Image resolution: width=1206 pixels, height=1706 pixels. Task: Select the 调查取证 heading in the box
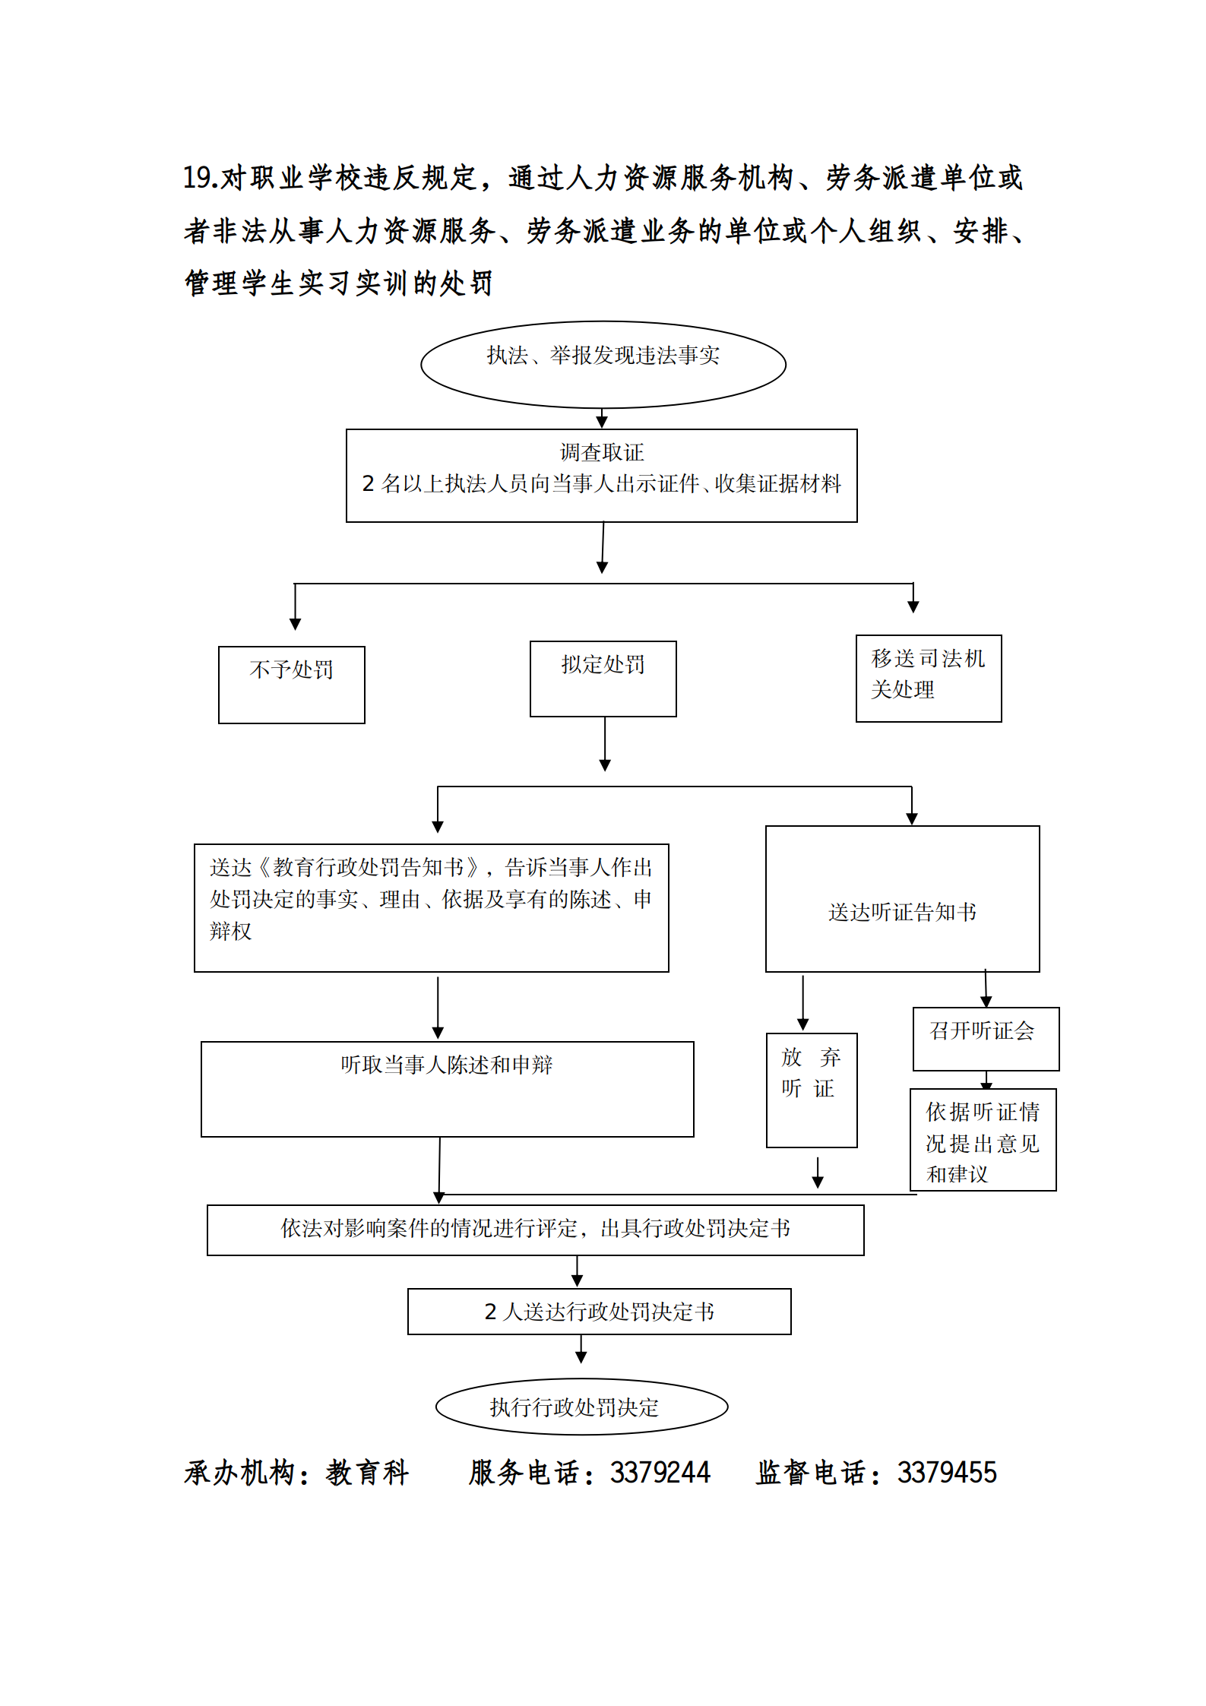601,452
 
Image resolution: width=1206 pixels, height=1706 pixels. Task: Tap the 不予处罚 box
291,684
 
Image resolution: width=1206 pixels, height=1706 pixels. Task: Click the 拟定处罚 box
603,678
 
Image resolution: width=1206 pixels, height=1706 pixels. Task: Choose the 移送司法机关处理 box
928,678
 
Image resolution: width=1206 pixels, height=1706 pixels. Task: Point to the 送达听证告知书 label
902,912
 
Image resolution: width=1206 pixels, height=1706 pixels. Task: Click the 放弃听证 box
811,1089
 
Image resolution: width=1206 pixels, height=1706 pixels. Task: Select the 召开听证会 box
985,1038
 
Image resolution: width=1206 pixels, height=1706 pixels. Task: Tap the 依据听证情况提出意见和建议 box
983,1139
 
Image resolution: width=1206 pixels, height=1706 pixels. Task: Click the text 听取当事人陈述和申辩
446,1065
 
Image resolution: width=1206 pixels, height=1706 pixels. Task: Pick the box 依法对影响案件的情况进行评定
535,1229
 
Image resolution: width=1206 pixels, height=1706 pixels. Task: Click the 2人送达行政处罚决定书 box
599,1311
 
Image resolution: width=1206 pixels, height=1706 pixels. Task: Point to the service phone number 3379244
660,1473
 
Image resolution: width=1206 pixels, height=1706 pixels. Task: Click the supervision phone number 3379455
946,1473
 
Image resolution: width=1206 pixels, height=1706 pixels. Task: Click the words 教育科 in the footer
368,1473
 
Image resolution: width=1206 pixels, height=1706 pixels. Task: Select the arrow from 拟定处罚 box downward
605,744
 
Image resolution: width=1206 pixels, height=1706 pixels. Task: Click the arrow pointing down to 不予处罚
295,608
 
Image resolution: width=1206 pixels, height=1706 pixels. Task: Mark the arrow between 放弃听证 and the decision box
818,1173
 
